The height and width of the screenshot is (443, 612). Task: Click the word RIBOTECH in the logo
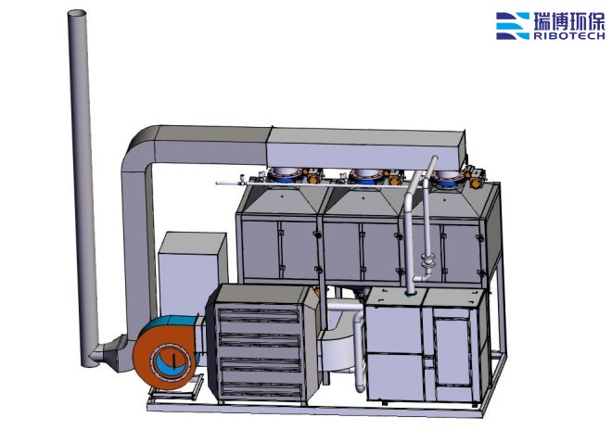click(x=569, y=36)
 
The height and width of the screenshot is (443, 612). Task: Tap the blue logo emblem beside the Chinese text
click(x=513, y=26)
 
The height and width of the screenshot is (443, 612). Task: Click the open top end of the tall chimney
click(x=78, y=14)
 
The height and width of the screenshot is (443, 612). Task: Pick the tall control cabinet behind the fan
click(x=192, y=269)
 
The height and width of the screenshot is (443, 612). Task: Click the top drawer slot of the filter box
click(x=260, y=315)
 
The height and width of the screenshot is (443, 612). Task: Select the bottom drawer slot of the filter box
click(x=261, y=390)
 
